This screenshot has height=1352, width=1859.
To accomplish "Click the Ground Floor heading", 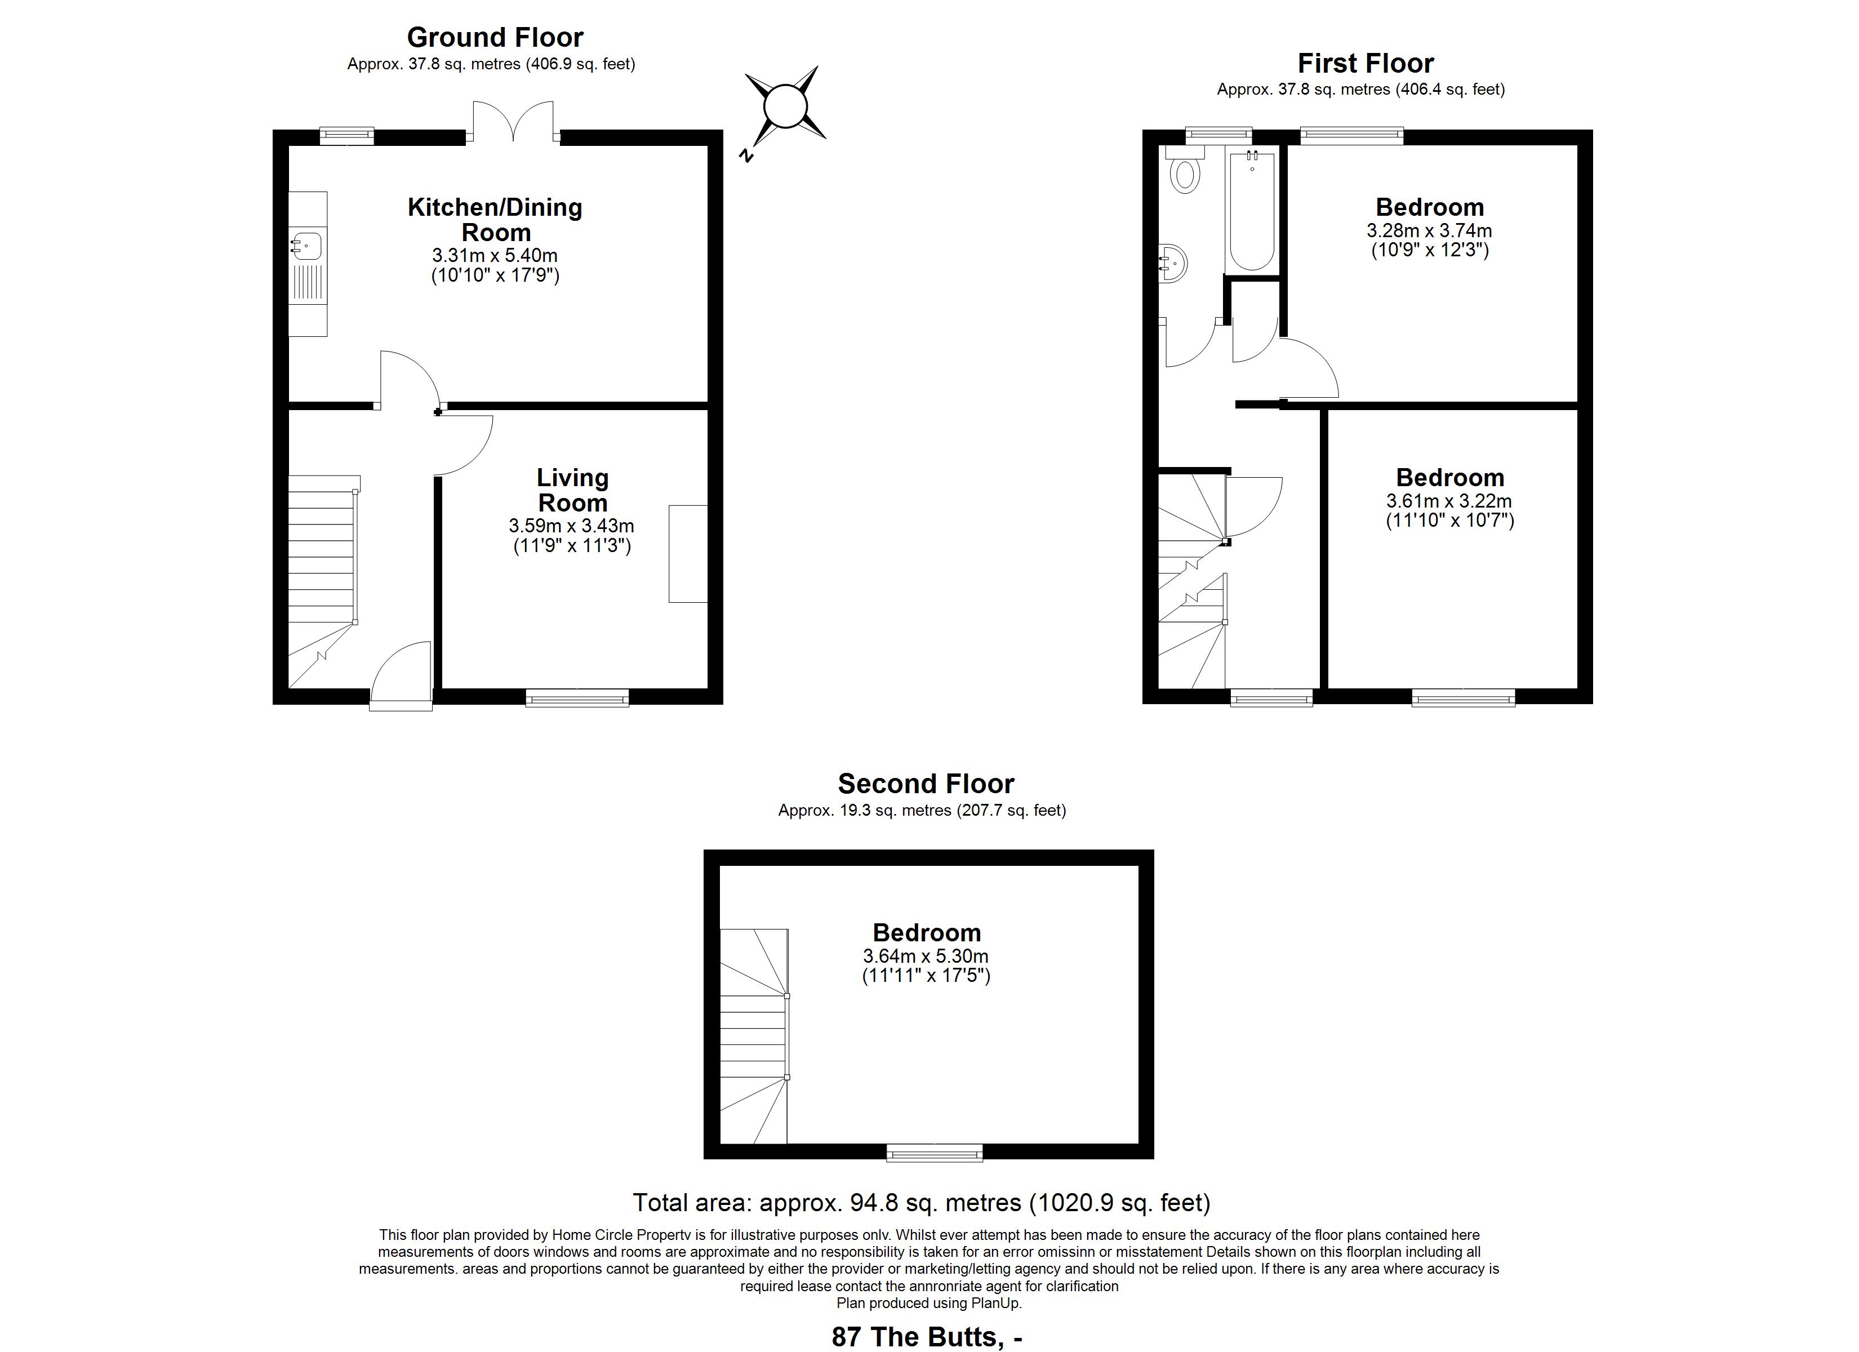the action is [495, 38].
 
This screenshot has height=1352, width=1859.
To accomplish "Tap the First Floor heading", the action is [1366, 63].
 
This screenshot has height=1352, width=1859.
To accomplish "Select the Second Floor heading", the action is [926, 784].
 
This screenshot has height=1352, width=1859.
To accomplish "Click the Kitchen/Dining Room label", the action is [495, 220].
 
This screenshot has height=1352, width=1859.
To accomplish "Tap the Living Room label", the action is [572, 490].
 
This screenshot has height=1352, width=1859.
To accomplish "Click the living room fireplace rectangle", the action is [688, 554].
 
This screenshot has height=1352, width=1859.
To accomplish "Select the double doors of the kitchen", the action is [513, 121].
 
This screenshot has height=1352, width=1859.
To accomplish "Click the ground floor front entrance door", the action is [402, 674].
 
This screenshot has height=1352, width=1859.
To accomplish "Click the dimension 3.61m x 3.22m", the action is [1449, 501].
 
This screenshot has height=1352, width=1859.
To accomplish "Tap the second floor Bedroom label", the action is [926, 933].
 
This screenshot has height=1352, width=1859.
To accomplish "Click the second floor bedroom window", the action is [935, 1152].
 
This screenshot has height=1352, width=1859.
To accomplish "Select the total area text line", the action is [921, 1203].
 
